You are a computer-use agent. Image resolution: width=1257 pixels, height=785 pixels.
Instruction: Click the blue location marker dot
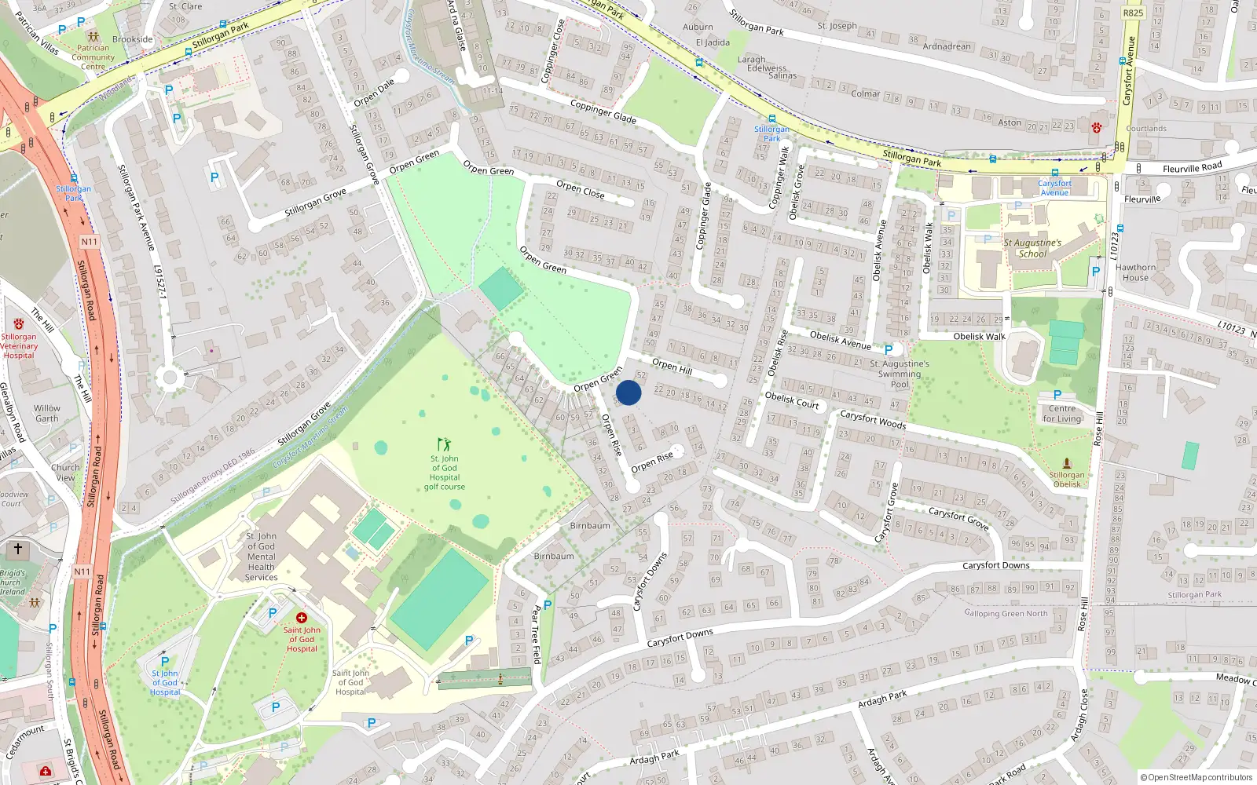628,392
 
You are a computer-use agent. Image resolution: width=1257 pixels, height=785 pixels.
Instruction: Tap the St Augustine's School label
1032,248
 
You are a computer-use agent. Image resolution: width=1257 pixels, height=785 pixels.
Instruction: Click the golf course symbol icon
445,444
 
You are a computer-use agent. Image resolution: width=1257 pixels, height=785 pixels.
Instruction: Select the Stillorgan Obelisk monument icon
1067,464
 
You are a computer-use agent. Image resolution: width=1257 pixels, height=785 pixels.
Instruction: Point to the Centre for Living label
1062,414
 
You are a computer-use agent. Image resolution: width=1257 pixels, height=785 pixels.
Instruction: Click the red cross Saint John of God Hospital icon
301,618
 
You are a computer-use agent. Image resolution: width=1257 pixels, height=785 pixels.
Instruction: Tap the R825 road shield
1133,13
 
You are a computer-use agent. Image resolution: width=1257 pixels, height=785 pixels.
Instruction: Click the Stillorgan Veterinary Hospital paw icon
19,324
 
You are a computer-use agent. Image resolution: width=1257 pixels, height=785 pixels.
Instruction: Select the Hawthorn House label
1135,272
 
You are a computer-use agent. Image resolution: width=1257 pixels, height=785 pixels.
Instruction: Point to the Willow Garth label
47,413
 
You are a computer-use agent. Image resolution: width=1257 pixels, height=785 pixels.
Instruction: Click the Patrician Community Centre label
93,57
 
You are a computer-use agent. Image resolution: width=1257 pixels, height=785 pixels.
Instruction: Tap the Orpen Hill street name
672,366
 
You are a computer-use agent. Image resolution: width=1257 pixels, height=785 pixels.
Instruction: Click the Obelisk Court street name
792,400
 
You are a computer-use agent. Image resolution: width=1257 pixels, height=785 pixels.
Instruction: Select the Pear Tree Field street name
537,634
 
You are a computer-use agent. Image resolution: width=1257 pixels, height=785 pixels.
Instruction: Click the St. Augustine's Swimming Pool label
900,374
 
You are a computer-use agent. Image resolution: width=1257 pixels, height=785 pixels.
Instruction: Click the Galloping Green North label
1006,614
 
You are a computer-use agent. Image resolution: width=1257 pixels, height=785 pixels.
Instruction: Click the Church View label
65,473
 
